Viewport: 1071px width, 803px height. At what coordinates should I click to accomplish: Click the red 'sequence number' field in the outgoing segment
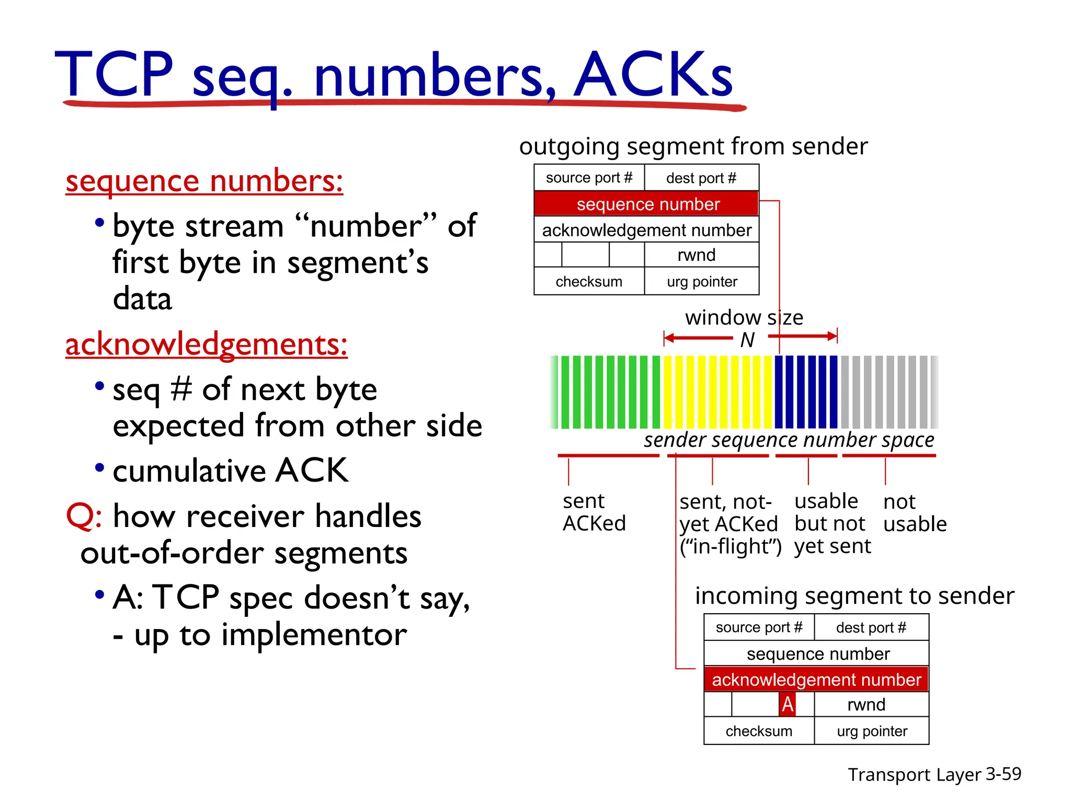pos(646,204)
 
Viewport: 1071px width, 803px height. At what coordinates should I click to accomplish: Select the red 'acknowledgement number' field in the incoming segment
pos(816,679)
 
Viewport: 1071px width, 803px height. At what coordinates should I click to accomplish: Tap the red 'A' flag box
pos(787,704)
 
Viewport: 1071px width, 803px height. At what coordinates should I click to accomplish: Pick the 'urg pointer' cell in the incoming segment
pos(872,731)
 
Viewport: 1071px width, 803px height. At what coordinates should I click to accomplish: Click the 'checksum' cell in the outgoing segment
pos(589,281)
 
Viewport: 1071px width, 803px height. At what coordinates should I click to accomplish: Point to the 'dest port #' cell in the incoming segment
pos(871,627)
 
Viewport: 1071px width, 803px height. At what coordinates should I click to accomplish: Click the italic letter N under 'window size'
pos(747,340)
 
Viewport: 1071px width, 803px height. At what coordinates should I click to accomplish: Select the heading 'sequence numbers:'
pos(204,181)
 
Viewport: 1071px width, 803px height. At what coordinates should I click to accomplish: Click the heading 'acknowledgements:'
pos(207,345)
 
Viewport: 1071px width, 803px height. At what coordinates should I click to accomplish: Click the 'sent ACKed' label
pos(594,512)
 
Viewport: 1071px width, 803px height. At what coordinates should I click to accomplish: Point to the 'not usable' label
pos(915,513)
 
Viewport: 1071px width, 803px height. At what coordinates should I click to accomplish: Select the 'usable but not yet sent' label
pos(832,523)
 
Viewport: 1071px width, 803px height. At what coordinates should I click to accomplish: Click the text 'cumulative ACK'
pos(231,471)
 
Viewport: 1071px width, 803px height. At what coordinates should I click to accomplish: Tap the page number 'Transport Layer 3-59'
pos(934,774)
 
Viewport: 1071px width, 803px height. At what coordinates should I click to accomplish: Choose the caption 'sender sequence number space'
pos(789,440)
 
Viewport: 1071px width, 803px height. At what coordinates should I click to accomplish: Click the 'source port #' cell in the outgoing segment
pos(589,178)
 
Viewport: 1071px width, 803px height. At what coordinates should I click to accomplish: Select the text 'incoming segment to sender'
pos(854,596)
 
